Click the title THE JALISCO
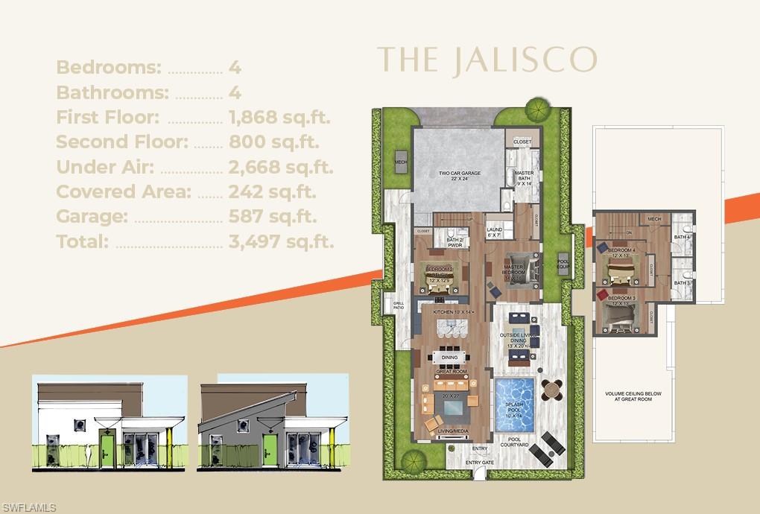487,60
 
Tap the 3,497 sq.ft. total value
281,241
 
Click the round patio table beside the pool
551,390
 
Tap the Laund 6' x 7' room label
495,232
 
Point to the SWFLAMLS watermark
28,507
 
